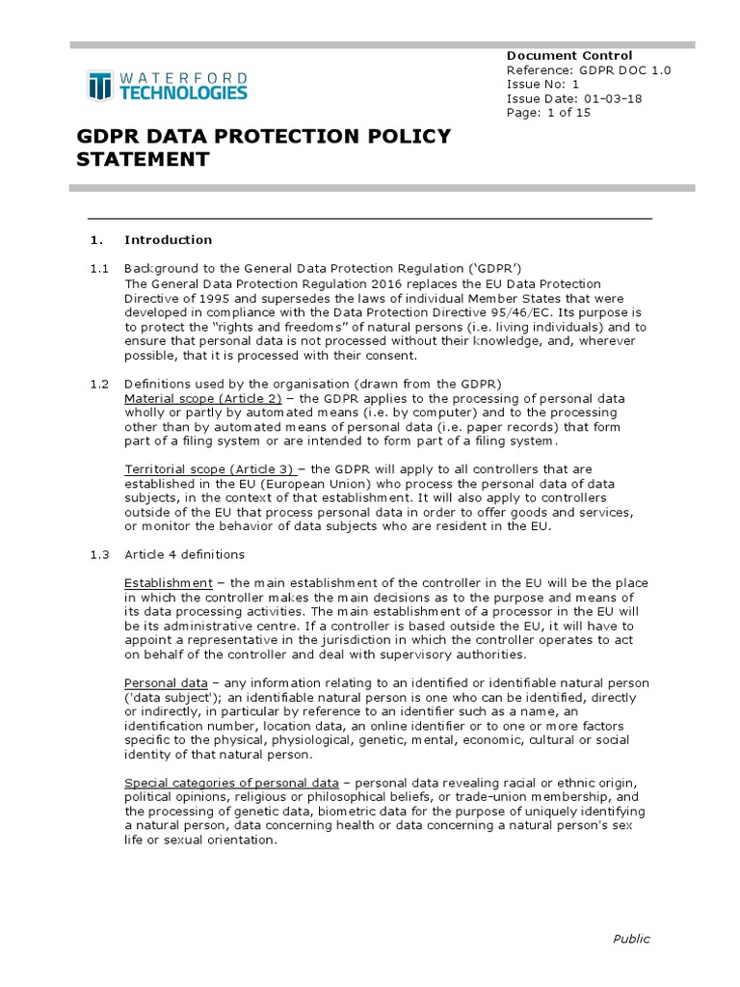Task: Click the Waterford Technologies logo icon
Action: [99, 86]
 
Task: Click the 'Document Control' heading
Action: [569, 55]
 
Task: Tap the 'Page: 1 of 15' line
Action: [548, 112]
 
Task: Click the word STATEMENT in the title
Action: [143, 160]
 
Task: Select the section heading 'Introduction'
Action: [168, 240]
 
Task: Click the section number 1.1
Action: [98, 268]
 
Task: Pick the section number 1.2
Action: [98, 385]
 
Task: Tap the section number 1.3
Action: [98, 554]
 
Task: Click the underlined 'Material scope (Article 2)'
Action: [202, 399]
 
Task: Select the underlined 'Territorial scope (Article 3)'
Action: [210, 469]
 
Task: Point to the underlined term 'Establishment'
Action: [169, 583]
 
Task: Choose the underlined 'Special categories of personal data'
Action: [231, 784]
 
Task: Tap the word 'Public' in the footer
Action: [631, 939]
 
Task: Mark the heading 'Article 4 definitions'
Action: [184, 554]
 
